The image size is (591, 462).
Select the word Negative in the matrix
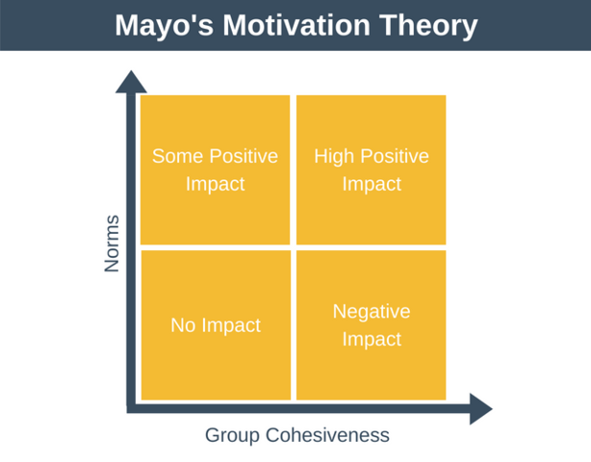(372, 312)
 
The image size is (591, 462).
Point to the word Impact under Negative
(372, 339)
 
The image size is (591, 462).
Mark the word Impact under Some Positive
(216, 183)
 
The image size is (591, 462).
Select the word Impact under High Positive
(372, 183)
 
